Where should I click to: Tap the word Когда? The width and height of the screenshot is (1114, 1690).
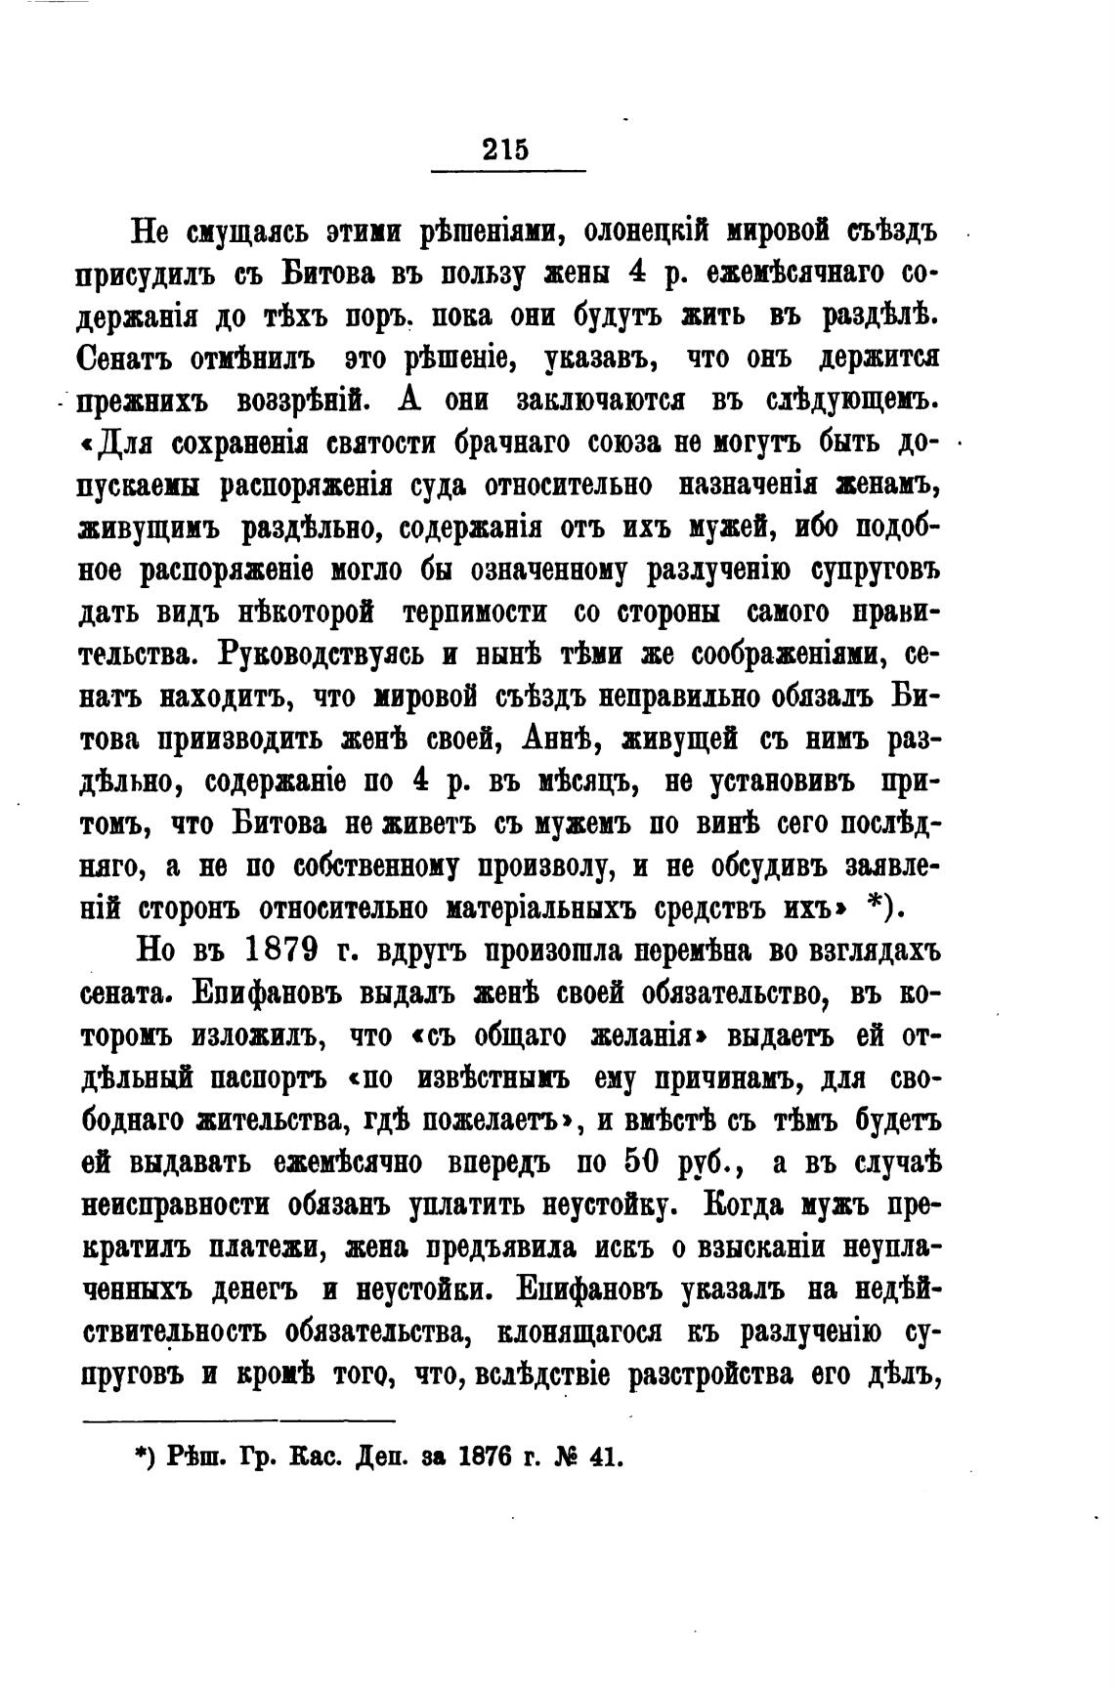745,1205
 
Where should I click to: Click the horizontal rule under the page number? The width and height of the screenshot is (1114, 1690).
507,173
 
